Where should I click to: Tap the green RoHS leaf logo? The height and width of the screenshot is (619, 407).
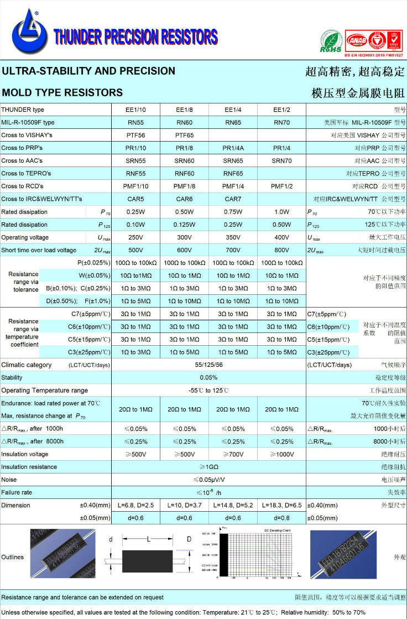coord(331,41)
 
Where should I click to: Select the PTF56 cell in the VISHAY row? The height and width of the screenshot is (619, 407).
coord(135,135)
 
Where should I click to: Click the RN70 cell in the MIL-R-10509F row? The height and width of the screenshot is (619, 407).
coord(281,122)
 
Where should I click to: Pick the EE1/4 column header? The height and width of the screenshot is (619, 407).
coord(233,110)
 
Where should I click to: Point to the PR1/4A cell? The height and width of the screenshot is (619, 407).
coord(233,148)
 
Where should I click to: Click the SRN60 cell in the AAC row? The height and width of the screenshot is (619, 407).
coord(184,160)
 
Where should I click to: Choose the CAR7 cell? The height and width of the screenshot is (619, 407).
coord(233,199)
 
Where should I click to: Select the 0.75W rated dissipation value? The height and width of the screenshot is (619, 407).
coord(233,212)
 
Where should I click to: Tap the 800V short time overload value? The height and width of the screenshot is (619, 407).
coord(281,250)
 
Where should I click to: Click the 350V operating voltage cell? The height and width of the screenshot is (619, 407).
coord(233,237)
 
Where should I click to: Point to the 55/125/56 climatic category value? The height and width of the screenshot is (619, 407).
coord(208,365)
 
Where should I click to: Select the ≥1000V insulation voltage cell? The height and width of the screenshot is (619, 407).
coord(281,454)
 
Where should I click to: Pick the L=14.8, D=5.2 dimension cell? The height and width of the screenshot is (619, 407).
coord(233,505)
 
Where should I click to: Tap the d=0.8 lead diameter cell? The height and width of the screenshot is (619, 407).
coord(281,518)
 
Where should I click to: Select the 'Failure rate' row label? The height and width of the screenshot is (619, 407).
coord(17,492)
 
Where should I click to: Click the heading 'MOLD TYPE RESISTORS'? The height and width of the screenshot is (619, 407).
coord(62,92)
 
